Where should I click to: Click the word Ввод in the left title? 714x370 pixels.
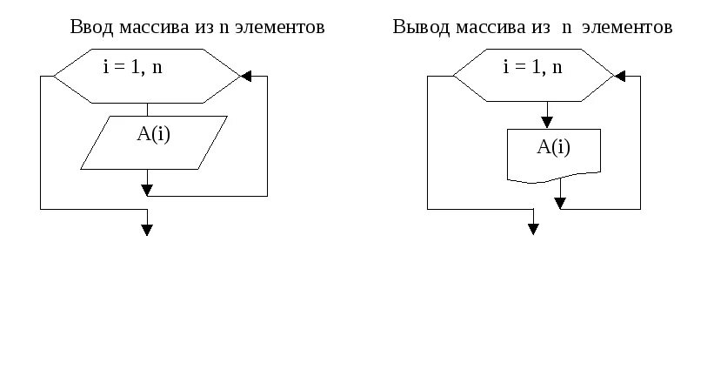[x=89, y=27]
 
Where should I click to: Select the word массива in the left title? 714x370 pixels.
[x=148, y=27]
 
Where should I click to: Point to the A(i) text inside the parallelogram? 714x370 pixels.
[x=153, y=135]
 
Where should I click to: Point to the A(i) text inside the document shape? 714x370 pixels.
[x=553, y=146]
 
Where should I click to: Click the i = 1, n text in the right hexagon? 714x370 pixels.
[x=532, y=67]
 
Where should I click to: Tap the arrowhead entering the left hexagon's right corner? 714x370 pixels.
[x=246, y=77]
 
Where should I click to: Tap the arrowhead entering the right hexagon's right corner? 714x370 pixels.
[x=619, y=77]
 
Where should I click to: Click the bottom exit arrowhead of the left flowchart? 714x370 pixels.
[x=147, y=230]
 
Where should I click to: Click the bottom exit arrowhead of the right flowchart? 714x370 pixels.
[x=533, y=229]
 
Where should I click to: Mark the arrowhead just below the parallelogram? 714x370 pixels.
[x=147, y=189]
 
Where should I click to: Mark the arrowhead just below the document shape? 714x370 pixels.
[x=560, y=203]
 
